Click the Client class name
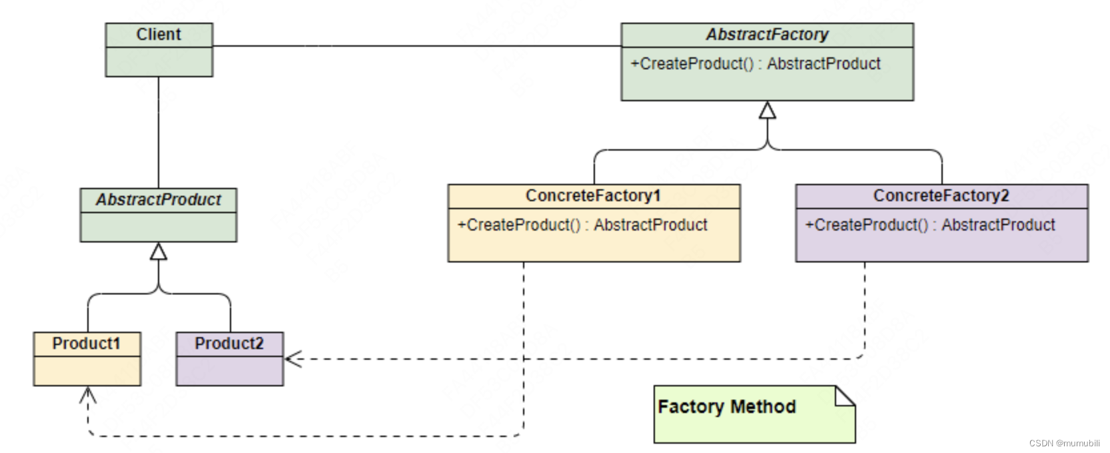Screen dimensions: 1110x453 (159, 34)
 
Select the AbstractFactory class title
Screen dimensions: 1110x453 (767, 34)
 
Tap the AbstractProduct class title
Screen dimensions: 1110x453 (159, 199)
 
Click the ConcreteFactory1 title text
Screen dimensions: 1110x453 (593, 196)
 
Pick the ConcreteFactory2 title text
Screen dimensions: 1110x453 (941, 196)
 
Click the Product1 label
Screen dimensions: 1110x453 (86, 343)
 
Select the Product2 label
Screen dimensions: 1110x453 (229, 343)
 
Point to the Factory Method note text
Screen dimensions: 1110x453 (726, 406)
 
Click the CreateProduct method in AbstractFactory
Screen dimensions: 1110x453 (755, 63)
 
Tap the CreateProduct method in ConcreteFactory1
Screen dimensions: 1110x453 (582, 225)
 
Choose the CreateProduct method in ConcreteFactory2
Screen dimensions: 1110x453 (930, 225)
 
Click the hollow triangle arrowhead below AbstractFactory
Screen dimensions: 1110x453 (768, 111)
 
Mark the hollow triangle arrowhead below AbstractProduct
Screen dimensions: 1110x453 (159, 251)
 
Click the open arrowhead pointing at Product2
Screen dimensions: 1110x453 (293, 359)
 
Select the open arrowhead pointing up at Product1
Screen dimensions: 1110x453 (88, 395)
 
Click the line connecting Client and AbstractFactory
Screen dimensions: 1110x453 (417, 46)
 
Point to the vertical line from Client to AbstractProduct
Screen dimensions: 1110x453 (159, 133)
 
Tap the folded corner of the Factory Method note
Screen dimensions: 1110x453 (845, 396)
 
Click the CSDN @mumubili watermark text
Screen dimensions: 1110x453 (1065, 443)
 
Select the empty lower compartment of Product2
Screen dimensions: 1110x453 (230, 370)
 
